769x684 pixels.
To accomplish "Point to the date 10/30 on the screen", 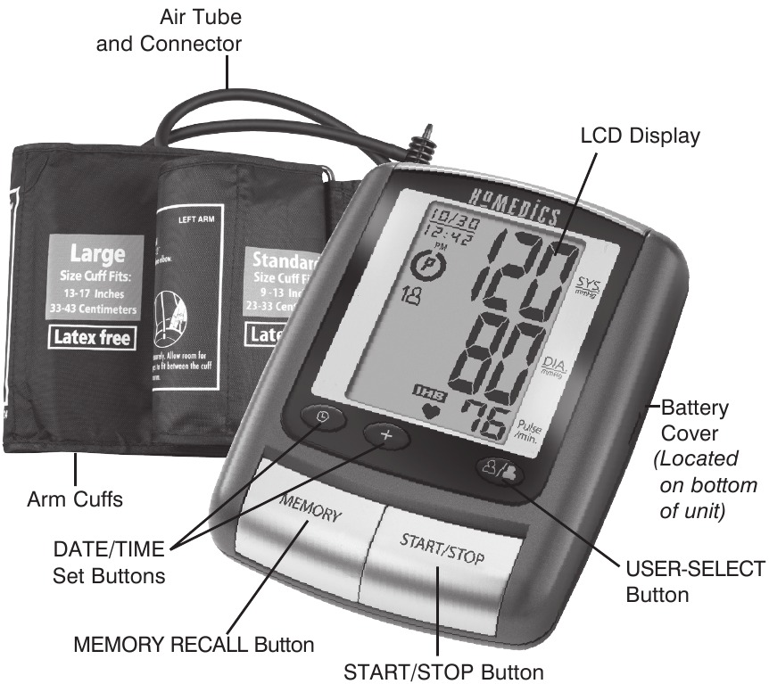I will [443, 218].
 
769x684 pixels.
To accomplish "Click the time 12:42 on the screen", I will [442, 237].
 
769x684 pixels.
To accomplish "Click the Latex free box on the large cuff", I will [94, 337].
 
